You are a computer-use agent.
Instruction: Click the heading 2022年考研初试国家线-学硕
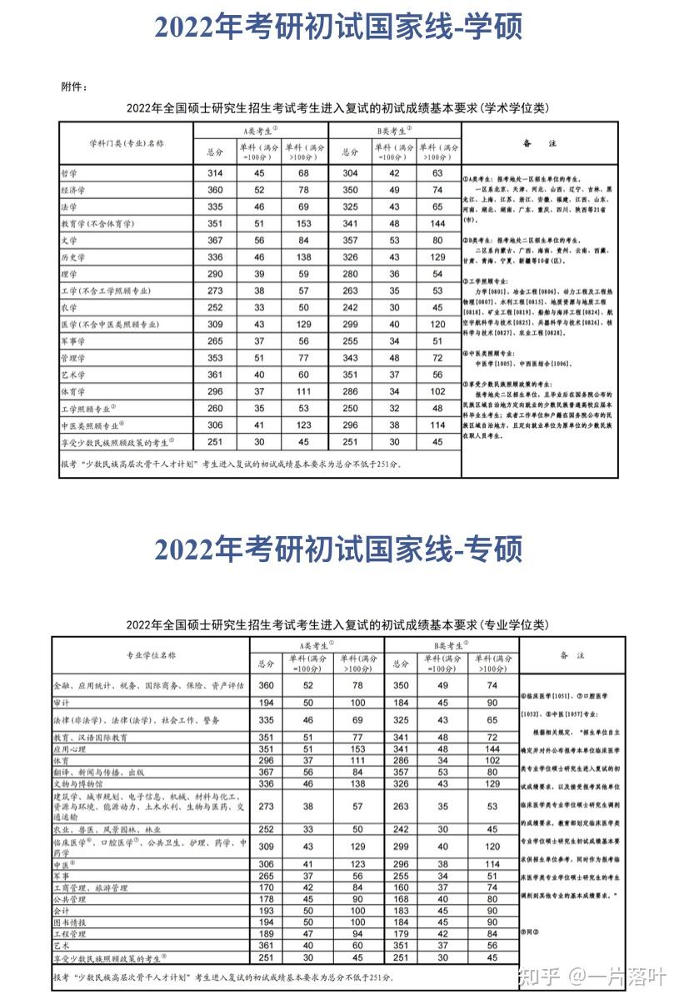coord(338,27)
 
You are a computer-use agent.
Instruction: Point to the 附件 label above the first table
coord(74,86)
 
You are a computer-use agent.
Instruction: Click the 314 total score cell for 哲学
coord(215,172)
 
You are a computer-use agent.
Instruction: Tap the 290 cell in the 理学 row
coord(215,274)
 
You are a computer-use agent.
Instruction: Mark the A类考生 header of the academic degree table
coord(261,131)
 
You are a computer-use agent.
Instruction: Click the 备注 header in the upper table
coord(539,143)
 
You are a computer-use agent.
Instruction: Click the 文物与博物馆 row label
coord(78,783)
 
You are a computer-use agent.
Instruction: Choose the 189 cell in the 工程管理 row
coord(267,934)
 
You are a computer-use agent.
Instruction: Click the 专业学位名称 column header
coord(151,655)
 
